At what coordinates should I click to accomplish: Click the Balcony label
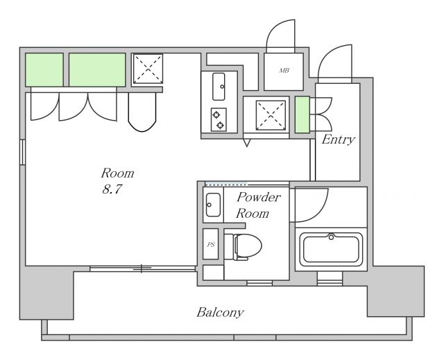tap(220, 312)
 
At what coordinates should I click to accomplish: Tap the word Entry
tap(338, 139)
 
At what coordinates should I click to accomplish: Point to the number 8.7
tap(112, 189)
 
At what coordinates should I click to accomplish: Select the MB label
tap(284, 70)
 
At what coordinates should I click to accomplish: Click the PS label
tap(211, 245)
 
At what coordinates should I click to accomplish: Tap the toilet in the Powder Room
tap(243, 246)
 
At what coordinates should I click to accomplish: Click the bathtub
tap(331, 249)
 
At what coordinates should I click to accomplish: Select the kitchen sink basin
tap(219, 87)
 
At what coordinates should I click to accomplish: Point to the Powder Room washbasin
tap(213, 205)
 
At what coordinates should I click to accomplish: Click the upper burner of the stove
tap(216, 114)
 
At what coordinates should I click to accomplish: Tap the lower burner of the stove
tap(220, 125)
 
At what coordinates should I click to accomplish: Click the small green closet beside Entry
tap(302, 114)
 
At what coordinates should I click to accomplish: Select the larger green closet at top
tap(97, 69)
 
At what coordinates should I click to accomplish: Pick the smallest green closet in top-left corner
tap(44, 69)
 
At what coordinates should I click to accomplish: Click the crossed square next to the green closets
tap(148, 69)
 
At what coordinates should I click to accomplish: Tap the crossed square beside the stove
tap(271, 115)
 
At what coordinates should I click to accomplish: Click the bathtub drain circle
tap(331, 237)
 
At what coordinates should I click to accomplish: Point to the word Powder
tap(259, 197)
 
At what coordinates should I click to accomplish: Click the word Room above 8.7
tap(117, 173)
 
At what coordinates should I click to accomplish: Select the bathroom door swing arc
tap(318, 213)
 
